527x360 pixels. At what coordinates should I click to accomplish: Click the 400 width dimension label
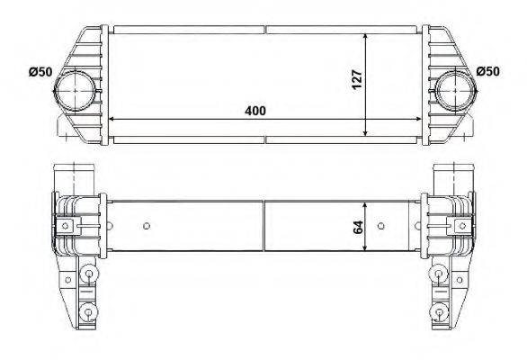coord(255,111)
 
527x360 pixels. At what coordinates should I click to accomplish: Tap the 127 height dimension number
coord(357,79)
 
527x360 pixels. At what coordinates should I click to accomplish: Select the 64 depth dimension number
coord(358,227)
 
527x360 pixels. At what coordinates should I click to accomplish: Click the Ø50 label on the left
coord(40,72)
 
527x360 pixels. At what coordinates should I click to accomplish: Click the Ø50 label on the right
coord(488,71)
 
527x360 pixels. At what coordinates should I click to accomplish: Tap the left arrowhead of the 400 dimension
coord(112,119)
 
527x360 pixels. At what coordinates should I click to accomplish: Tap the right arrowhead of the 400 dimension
coord(418,119)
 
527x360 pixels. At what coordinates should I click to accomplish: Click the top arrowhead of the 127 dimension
coord(366,37)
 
